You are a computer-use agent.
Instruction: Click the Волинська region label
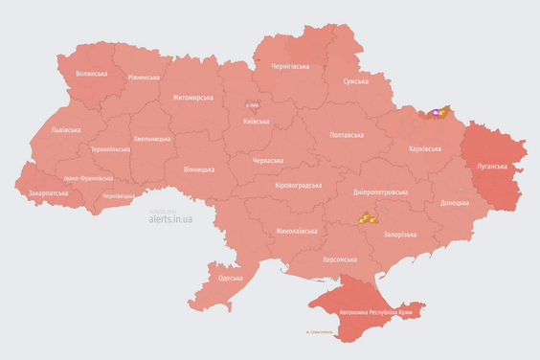pos(92,74)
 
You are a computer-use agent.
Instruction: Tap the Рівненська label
pos(141,78)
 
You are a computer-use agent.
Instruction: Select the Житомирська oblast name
pos(194,97)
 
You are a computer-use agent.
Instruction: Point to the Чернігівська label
pos(290,66)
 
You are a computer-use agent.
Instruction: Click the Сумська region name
pos(356,82)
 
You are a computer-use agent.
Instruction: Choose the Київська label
pos(256,122)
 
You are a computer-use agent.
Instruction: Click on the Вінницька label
pos(199,169)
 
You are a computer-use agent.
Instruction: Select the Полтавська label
pos(347,135)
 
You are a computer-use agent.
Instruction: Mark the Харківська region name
pos(424,148)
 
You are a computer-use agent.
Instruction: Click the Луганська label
pos(493,166)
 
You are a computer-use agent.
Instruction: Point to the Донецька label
pos(455,203)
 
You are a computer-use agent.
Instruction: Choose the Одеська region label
pos(230,278)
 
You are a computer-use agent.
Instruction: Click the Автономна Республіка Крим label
pos(369,313)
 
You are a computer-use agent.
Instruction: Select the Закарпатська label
pos(48,192)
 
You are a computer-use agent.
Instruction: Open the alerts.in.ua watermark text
pos(171,218)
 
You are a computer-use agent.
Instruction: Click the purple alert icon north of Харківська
pos(439,113)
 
